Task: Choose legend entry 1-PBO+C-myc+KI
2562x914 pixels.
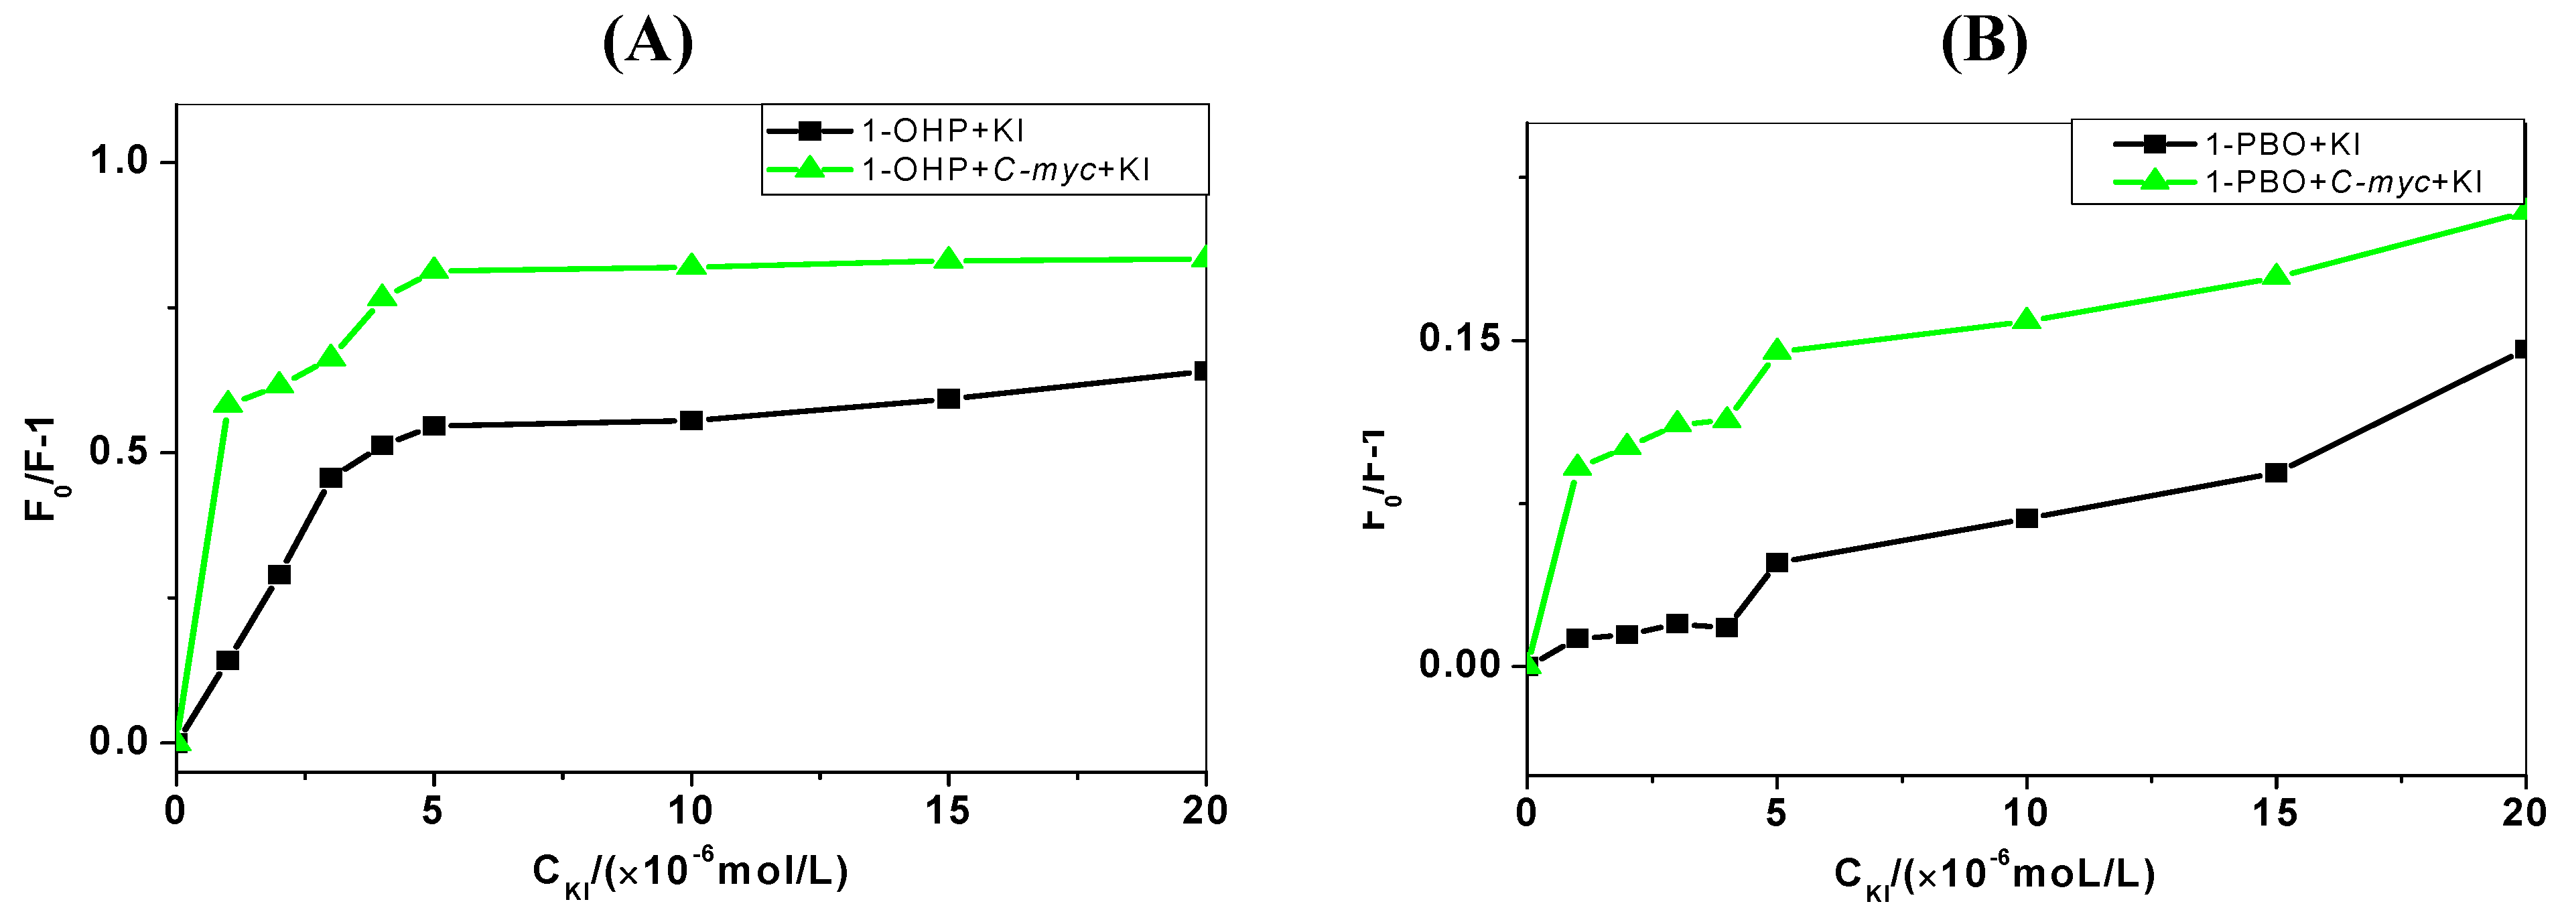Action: tap(2343, 182)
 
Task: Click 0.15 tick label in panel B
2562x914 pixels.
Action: tap(1459, 339)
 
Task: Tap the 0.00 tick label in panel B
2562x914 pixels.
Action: tap(1459, 664)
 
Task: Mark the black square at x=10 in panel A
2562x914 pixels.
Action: tap(691, 421)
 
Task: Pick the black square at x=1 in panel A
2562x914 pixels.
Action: tap(228, 661)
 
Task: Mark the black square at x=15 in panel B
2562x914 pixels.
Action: tap(2275, 472)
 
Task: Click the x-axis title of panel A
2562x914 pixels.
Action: tap(690, 872)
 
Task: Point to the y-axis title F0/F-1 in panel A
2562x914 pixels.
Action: tap(40, 470)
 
